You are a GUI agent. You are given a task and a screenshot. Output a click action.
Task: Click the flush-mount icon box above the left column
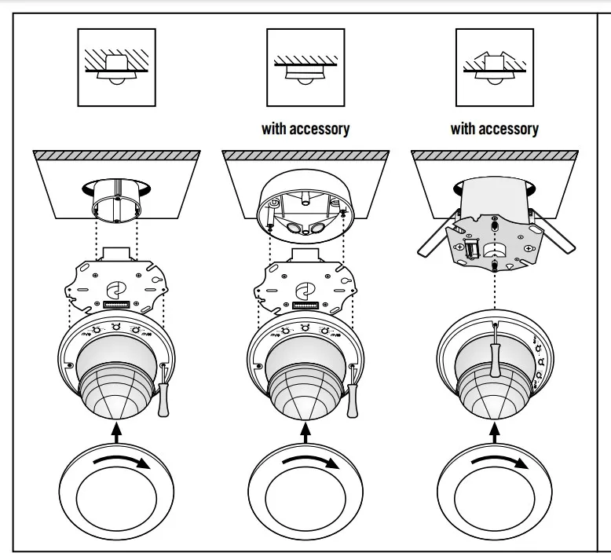(116, 67)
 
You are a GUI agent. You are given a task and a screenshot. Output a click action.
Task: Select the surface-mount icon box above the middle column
(305, 67)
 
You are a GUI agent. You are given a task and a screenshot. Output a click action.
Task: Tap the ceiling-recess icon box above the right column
(494, 67)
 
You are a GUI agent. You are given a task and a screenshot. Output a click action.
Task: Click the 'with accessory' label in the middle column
(305, 128)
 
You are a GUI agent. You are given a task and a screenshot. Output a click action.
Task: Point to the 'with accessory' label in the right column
(494, 128)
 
